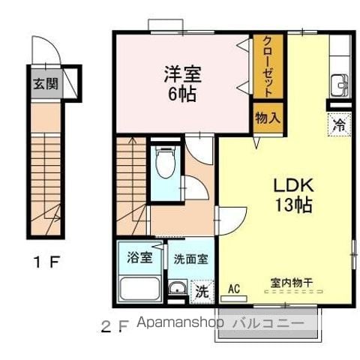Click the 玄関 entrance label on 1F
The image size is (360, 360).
pos(46,84)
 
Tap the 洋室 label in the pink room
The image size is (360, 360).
pos(183,73)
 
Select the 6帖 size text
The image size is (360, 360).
pos(181,94)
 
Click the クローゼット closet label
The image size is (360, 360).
pos(268,67)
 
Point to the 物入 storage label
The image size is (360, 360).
pos(268,118)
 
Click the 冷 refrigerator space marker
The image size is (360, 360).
pos(339,124)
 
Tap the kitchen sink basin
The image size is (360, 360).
pos(339,85)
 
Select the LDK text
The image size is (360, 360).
pos(293,185)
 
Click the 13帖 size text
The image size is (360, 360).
pos(294,205)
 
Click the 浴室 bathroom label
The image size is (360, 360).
pos(139,257)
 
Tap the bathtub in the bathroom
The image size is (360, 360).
pos(140,289)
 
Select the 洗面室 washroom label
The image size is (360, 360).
pos(191,259)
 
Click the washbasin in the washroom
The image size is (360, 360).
pos(177,287)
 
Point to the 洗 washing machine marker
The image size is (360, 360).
pos(202,292)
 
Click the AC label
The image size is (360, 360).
pos(234,289)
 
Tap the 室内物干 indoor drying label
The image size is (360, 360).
pos(292,283)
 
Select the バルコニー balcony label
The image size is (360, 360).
pos(268,323)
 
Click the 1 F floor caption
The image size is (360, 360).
pos(47,262)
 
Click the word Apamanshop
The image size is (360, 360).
pos(180,323)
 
